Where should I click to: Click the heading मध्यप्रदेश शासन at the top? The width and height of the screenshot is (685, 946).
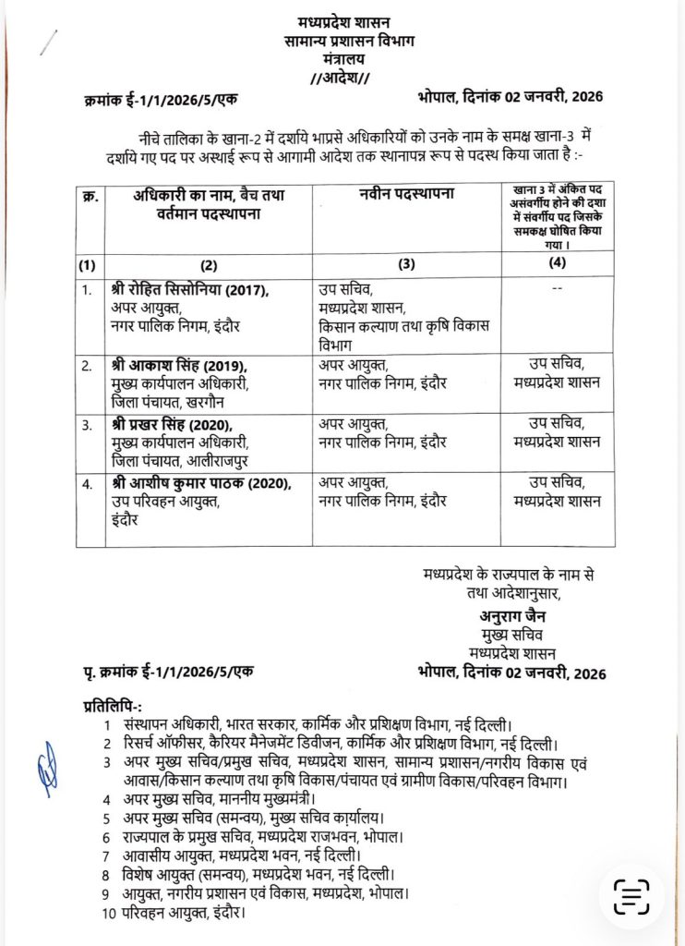(x=342, y=21)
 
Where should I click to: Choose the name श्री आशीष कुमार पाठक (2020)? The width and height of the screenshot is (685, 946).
(x=198, y=482)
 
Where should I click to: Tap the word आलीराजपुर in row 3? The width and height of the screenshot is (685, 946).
(x=227, y=460)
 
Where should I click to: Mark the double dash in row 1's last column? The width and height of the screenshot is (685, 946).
(x=556, y=289)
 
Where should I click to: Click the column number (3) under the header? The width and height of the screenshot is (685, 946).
(x=406, y=264)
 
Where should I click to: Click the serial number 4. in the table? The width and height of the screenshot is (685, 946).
(x=87, y=483)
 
